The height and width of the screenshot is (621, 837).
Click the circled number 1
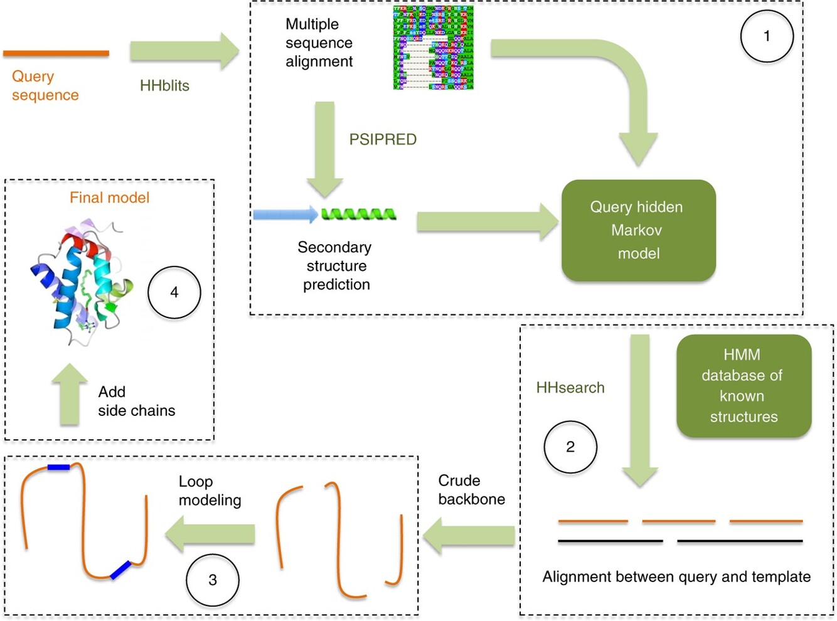pos(766,36)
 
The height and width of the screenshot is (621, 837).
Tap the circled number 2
pos(570,447)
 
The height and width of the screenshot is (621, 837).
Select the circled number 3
pos(212,580)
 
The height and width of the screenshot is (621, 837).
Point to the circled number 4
pos(174,292)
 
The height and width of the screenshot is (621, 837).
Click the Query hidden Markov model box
pos(638,230)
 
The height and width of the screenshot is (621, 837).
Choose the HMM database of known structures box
pos(744,385)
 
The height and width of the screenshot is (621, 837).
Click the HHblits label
pos(164,86)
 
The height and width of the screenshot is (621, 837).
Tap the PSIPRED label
pos(383,139)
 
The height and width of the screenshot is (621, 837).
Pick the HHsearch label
pos(570,388)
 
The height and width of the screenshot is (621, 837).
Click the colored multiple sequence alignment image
pos(433,48)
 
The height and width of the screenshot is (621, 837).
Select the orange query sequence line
pos(56,54)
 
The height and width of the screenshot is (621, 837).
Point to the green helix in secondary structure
pos(359,215)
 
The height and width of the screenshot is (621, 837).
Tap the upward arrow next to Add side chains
pos(69,395)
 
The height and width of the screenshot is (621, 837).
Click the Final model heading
pos(109,198)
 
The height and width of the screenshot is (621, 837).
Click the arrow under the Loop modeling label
pos(210,534)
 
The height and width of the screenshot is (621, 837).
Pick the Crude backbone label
pos(471,490)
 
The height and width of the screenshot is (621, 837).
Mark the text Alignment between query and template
pos(676,577)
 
